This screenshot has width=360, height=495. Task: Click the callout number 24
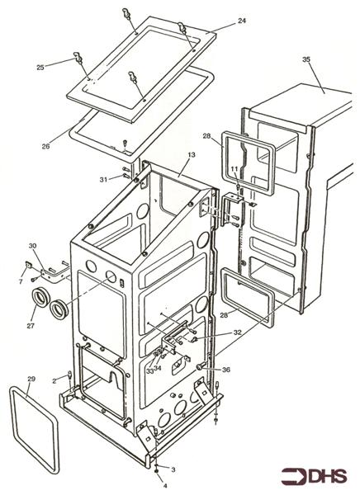(242, 21)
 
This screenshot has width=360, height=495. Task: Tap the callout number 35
(306, 59)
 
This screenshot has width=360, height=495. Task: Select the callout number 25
(40, 68)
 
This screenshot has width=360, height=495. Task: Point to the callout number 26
(46, 147)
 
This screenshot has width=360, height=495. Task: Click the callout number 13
(192, 155)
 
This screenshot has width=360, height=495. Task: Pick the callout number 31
(104, 180)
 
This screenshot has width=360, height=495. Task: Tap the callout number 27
(31, 326)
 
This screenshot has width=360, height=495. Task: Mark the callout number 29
(31, 379)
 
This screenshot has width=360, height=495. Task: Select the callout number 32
(237, 332)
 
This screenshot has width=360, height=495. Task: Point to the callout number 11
(234, 169)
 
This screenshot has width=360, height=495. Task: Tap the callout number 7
(21, 281)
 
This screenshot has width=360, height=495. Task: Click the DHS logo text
(328, 476)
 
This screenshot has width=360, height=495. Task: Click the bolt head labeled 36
(200, 367)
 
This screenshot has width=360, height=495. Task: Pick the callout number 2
(54, 381)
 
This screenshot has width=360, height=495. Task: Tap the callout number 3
(173, 470)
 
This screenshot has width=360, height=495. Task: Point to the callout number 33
(149, 371)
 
